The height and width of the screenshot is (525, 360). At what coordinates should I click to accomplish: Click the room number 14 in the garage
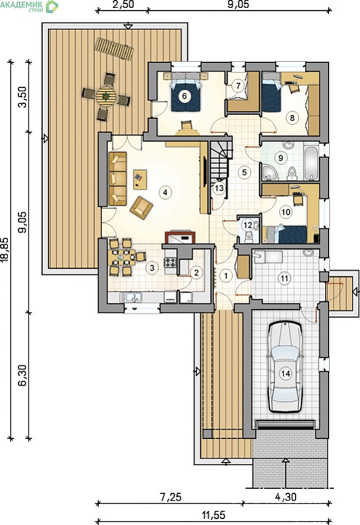click(x=286, y=373)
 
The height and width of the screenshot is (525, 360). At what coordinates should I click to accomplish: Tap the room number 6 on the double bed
click(x=184, y=96)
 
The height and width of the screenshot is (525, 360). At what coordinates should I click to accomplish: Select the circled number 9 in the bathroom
click(x=281, y=157)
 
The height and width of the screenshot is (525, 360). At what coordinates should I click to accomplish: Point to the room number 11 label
click(x=284, y=278)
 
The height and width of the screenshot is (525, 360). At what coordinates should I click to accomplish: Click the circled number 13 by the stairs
click(x=219, y=188)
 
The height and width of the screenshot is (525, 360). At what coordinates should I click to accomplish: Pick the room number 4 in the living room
click(x=165, y=192)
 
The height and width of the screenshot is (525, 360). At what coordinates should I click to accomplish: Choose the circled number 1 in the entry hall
click(x=226, y=276)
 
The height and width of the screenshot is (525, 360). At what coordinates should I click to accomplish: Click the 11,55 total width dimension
click(x=214, y=514)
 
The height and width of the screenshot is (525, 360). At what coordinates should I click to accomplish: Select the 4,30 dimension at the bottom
click(x=286, y=497)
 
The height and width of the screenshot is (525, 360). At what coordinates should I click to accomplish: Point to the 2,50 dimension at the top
click(x=124, y=5)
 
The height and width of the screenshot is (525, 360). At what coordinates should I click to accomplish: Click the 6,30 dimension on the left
click(x=22, y=375)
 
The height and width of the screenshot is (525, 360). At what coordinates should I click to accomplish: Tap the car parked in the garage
click(x=285, y=367)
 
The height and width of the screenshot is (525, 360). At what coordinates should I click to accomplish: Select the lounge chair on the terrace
click(x=114, y=49)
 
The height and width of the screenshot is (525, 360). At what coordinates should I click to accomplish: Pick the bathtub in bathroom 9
click(x=311, y=162)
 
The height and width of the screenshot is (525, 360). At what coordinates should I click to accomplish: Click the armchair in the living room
click(x=141, y=208)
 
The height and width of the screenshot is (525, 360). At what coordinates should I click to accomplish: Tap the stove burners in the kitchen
click(x=169, y=262)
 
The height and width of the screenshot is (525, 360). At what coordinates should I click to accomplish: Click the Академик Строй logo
click(x=30, y=7)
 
